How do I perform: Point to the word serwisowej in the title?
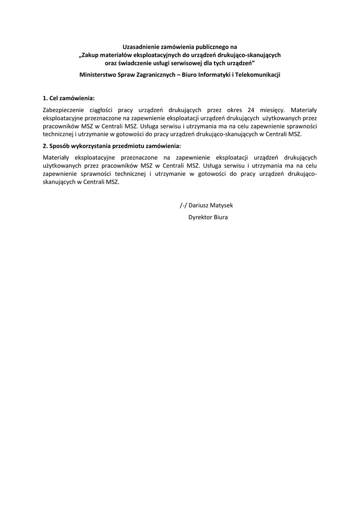[x=186, y=63]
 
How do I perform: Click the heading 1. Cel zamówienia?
[x=69, y=98]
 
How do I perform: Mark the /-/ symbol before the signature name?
[x=184, y=205]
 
